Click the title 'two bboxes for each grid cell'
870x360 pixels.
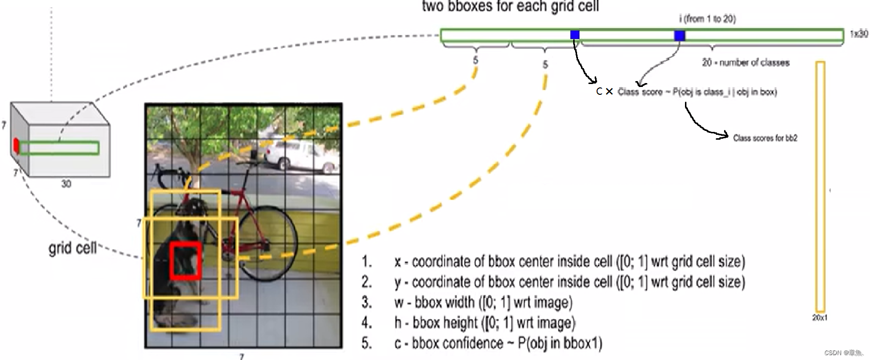(x=510, y=6)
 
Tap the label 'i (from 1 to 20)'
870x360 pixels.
(x=707, y=19)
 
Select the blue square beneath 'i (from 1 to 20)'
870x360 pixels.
(x=679, y=35)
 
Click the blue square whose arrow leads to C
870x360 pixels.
(x=575, y=35)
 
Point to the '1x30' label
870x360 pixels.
(x=859, y=34)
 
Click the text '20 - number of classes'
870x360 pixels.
(x=746, y=63)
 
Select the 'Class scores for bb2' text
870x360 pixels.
(x=765, y=138)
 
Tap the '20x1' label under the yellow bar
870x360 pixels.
(x=819, y=318)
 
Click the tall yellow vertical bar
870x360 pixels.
(x=820, y=186)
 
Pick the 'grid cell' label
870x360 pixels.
(x=72, y=248)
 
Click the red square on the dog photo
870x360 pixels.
(x=186, y=260)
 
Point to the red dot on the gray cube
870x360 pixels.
(x=16, y=146)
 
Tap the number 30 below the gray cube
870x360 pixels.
(x=66, y=184)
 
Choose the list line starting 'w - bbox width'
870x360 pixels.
(x=483, y=302)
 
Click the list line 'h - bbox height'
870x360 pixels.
(x=484, y=323)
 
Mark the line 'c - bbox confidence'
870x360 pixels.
(x=498, y=343)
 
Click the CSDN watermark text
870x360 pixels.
(x=843, y=353)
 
